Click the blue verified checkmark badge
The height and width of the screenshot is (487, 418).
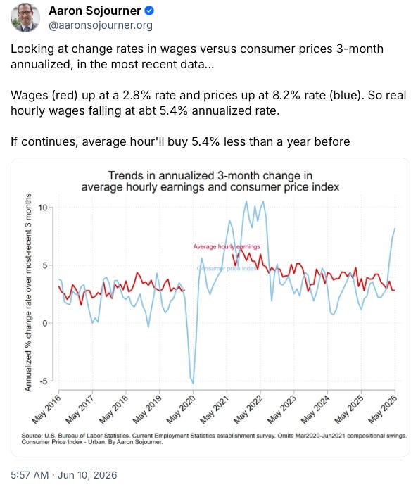[149, 11]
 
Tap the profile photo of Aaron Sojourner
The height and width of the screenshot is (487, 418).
[25, 18]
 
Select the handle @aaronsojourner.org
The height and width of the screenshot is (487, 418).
[101, 25]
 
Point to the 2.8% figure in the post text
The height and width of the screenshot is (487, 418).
[137, 95]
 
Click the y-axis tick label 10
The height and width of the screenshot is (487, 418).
[43, 208]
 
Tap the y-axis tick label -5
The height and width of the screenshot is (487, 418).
[44, 381]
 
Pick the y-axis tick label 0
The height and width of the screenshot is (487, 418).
[45, 323]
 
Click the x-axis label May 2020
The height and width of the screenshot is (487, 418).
[181, 410]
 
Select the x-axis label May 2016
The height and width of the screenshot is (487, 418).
[46, 410]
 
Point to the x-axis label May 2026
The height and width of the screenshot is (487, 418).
[383, 410]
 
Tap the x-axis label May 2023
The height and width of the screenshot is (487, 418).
[281, 410]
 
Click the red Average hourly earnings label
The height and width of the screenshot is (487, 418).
[227, 246]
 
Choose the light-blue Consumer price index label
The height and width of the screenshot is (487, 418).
[227, 268]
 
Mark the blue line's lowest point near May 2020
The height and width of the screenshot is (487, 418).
[193, 384]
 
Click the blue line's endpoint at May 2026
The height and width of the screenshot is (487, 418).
[395, 229]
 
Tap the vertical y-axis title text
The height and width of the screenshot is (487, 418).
[28, 292]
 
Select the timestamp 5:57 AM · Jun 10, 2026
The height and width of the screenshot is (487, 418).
[64, 475]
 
